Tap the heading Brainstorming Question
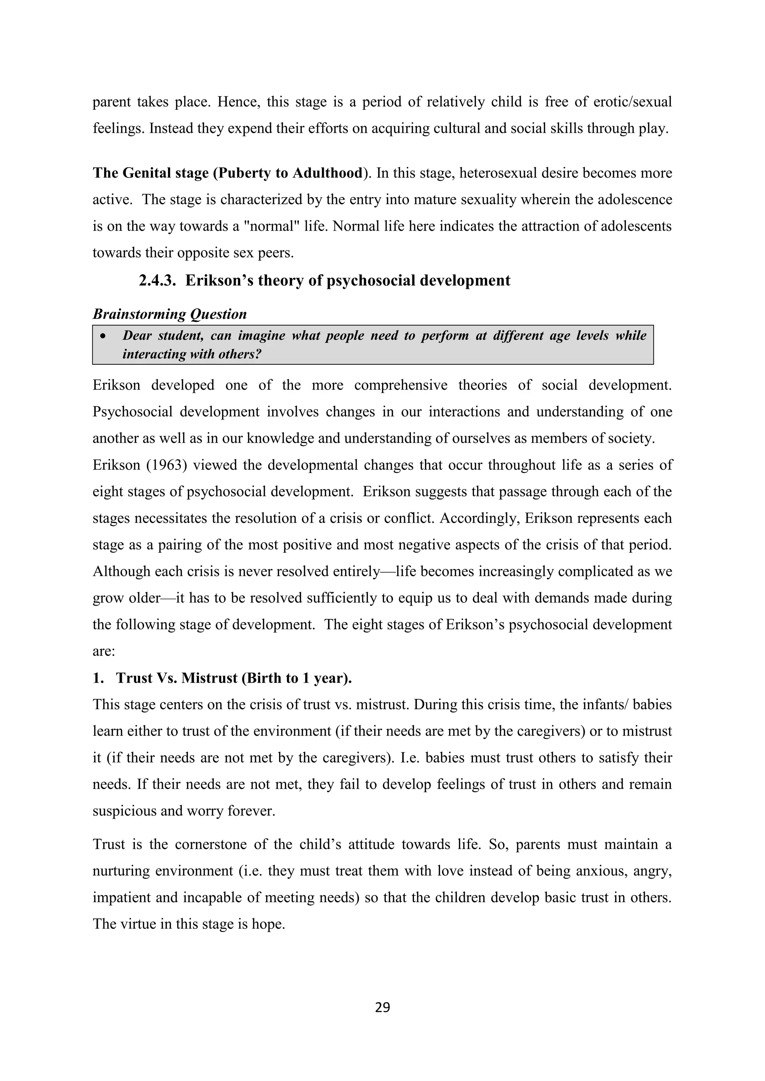pyautogui.click(x=170, y=314)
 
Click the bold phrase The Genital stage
pyautogui.click(x=151, y=173)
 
